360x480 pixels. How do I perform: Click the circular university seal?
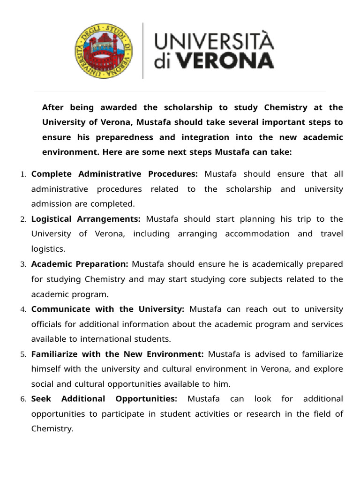coord(104,50)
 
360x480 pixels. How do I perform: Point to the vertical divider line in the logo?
coord(143,50)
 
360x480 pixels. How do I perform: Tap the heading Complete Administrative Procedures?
coord(115,174)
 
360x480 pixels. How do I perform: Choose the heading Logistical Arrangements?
coord(86,219)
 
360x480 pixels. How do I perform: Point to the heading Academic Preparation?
coord(80,264)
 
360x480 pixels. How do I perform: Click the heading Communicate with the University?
coord(108,309)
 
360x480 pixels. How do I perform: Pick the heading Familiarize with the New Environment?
coord(117,354)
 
